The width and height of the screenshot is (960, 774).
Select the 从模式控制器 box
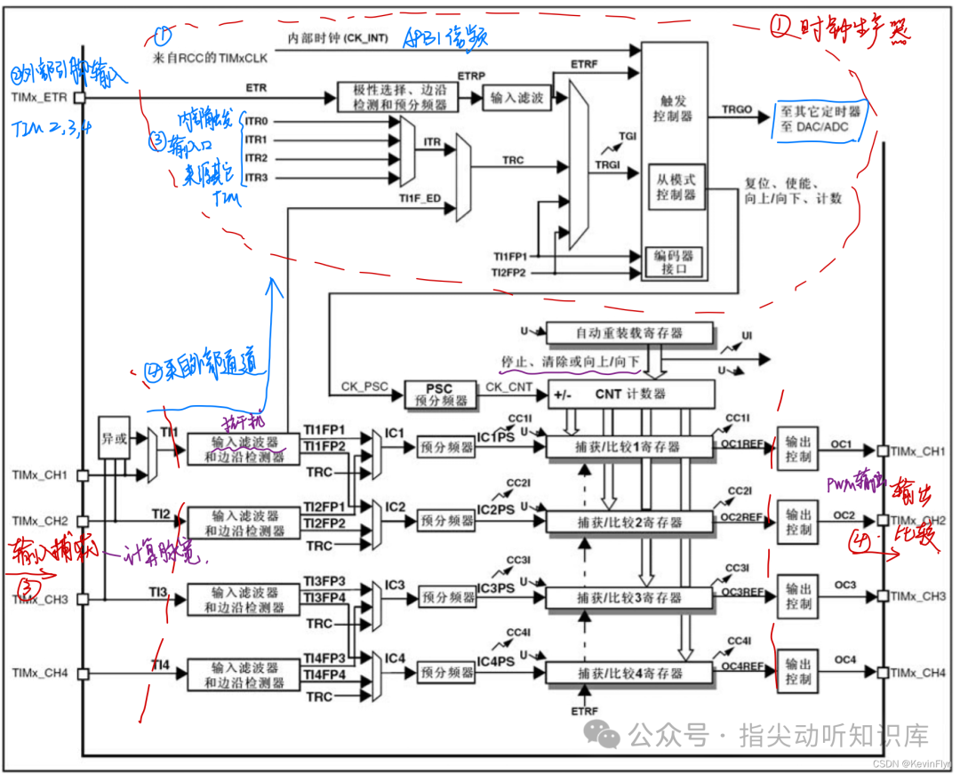tap(676, 187)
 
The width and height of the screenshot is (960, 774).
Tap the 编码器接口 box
tap(676, 262)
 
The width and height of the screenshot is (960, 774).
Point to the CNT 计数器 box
tap(630, 394)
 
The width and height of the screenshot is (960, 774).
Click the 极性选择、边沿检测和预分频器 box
tap(398, 97)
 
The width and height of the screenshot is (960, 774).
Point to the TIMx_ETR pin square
tap(79, 98)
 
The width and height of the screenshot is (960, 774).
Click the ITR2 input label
tap(256, 158)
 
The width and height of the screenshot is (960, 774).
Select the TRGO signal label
tap(737, 109)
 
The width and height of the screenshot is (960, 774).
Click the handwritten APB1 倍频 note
tap(446, 38)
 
